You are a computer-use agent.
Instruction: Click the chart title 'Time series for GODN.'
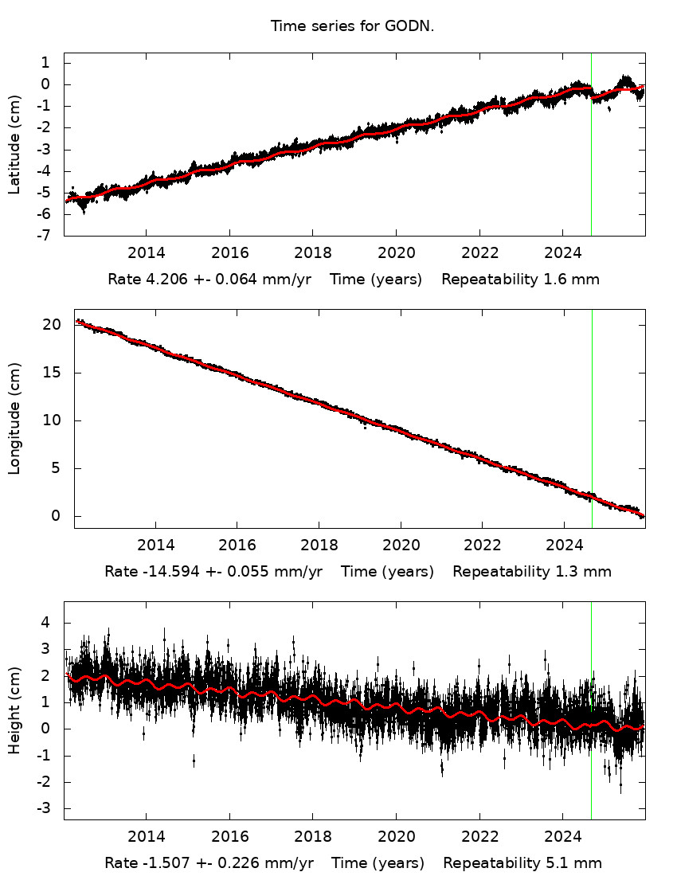[x=352, y=26]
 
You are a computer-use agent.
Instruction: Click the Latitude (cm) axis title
[x=15, y=145]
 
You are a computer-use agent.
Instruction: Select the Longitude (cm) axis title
[x=15, y=419]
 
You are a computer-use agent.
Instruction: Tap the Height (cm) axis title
[x=15, y=711]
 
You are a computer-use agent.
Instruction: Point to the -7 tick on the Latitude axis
[x=45, y=236]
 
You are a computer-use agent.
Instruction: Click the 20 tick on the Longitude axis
[x=53, y=325]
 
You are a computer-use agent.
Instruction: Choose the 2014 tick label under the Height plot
[x=146, y=836]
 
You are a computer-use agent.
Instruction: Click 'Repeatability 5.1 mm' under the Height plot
[x=522, y=863]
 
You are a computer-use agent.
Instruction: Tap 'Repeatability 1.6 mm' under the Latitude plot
[x=520, y=280]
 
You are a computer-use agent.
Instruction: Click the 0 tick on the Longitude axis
[x=57, y=516]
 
